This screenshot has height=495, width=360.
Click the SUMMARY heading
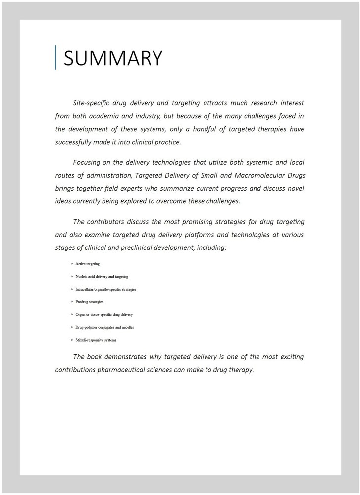pyautogui.click(x=113, y=58)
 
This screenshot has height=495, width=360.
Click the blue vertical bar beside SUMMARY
pyautogui.click(x=55, y=57)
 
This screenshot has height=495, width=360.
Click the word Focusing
pyautogui.click(x=88, y=162)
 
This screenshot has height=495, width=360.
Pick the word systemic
pyautogui.click(x=243, y=162)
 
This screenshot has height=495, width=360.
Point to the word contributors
pyautogui.click(x=112, y=221)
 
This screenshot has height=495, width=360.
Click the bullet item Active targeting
pyautogui.click(x=87, y=264)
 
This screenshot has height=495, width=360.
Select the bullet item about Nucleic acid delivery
pyautogui.click(x=102, y=277)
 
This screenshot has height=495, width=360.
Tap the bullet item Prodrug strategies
pyautogui.click(x=89, y=302)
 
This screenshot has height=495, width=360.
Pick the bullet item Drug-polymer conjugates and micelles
pyautogui.click(x=104, y=327)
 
